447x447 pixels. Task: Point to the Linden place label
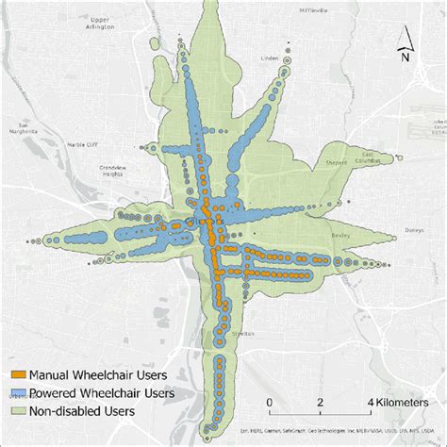[x=269, y=58]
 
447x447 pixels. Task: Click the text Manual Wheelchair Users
[x=92, y=374]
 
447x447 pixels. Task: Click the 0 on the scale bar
[x=269, y=403]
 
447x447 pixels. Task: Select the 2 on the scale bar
[x=320, y=403]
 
